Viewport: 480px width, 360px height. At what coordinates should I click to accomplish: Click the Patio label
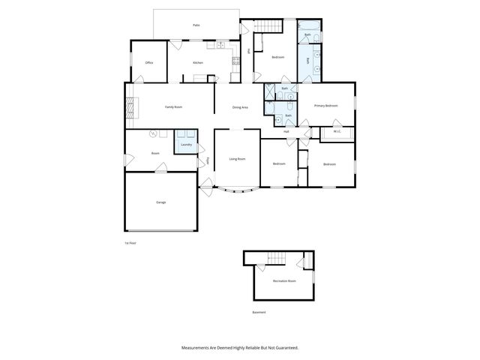[x=196, y=25]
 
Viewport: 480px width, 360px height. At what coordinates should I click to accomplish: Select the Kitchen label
[x=198, y=63]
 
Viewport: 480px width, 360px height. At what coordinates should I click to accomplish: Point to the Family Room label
[x=174, y=107]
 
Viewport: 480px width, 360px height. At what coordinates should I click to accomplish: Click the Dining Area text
[x=240, y=107]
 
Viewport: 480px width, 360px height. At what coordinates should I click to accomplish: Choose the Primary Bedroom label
[x=326, y=106]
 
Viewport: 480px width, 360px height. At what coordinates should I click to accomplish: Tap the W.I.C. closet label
[x=337, y=131]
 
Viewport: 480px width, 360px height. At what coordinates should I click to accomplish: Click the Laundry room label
[x=186, y=144]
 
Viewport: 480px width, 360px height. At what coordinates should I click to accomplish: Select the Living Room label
[x=237, y=159]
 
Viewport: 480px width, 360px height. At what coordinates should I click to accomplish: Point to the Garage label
[x=160, y=202]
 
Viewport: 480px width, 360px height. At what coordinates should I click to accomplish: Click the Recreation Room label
[x=284, y=280]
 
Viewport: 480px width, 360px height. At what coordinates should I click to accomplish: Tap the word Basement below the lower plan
[x=259, y=312]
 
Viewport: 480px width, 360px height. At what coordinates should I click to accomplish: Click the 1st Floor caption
[x=130, y=242]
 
